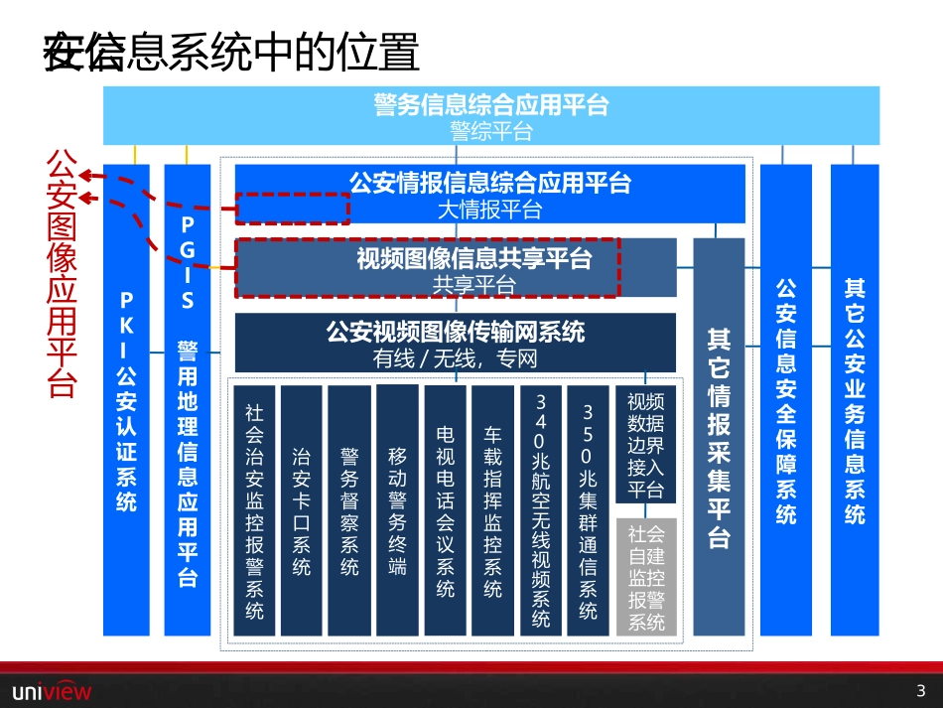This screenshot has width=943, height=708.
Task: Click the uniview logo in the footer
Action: click(x=51, y=690)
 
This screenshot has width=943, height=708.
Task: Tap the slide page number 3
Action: click(x=920, y=690)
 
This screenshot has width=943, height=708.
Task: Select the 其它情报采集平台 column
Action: click(x=719, y=437)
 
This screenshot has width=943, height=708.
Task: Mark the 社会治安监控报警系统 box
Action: click(x=254, y=510)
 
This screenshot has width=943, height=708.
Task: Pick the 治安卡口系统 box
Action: click(x=302, y=510)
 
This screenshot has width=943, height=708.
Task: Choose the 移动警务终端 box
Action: click(x=397, y=510)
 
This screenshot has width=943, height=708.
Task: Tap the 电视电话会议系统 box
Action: click(x=445, y=510)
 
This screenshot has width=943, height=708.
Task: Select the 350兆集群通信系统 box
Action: click(x=588, y=510)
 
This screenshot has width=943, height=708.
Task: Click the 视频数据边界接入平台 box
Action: click(x=646, y=445)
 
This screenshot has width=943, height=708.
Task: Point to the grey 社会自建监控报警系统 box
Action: click(x=646, y=577)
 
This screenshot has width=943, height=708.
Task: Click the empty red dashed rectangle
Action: click(x=293, y=209)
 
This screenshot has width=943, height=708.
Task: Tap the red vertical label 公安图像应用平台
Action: click(x=64, y=273)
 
